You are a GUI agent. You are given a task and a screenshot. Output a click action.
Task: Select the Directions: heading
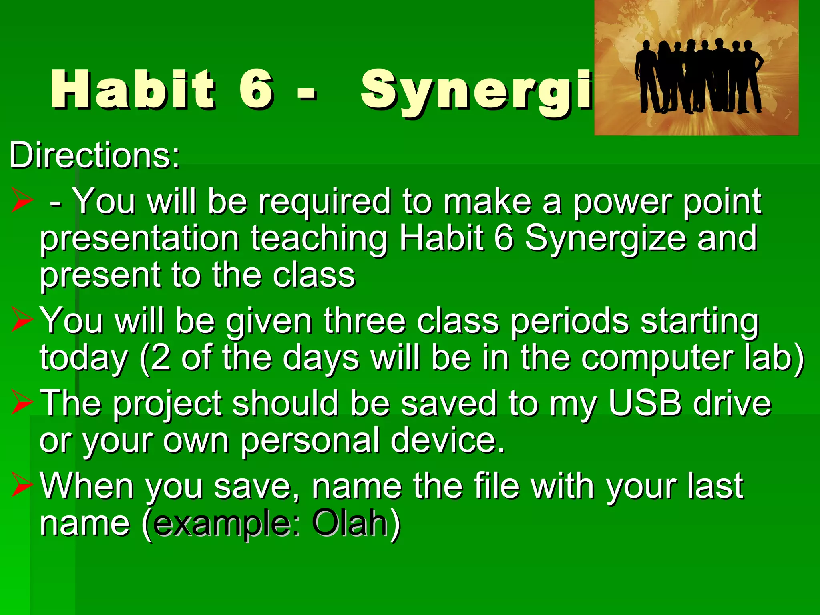[x=94, y=155]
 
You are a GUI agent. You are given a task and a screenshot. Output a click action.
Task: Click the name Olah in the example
[x=349, y=523]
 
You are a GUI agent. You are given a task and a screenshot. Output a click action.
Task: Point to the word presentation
[x=139, y=239]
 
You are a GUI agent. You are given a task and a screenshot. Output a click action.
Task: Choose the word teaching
[x=319, y=239]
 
